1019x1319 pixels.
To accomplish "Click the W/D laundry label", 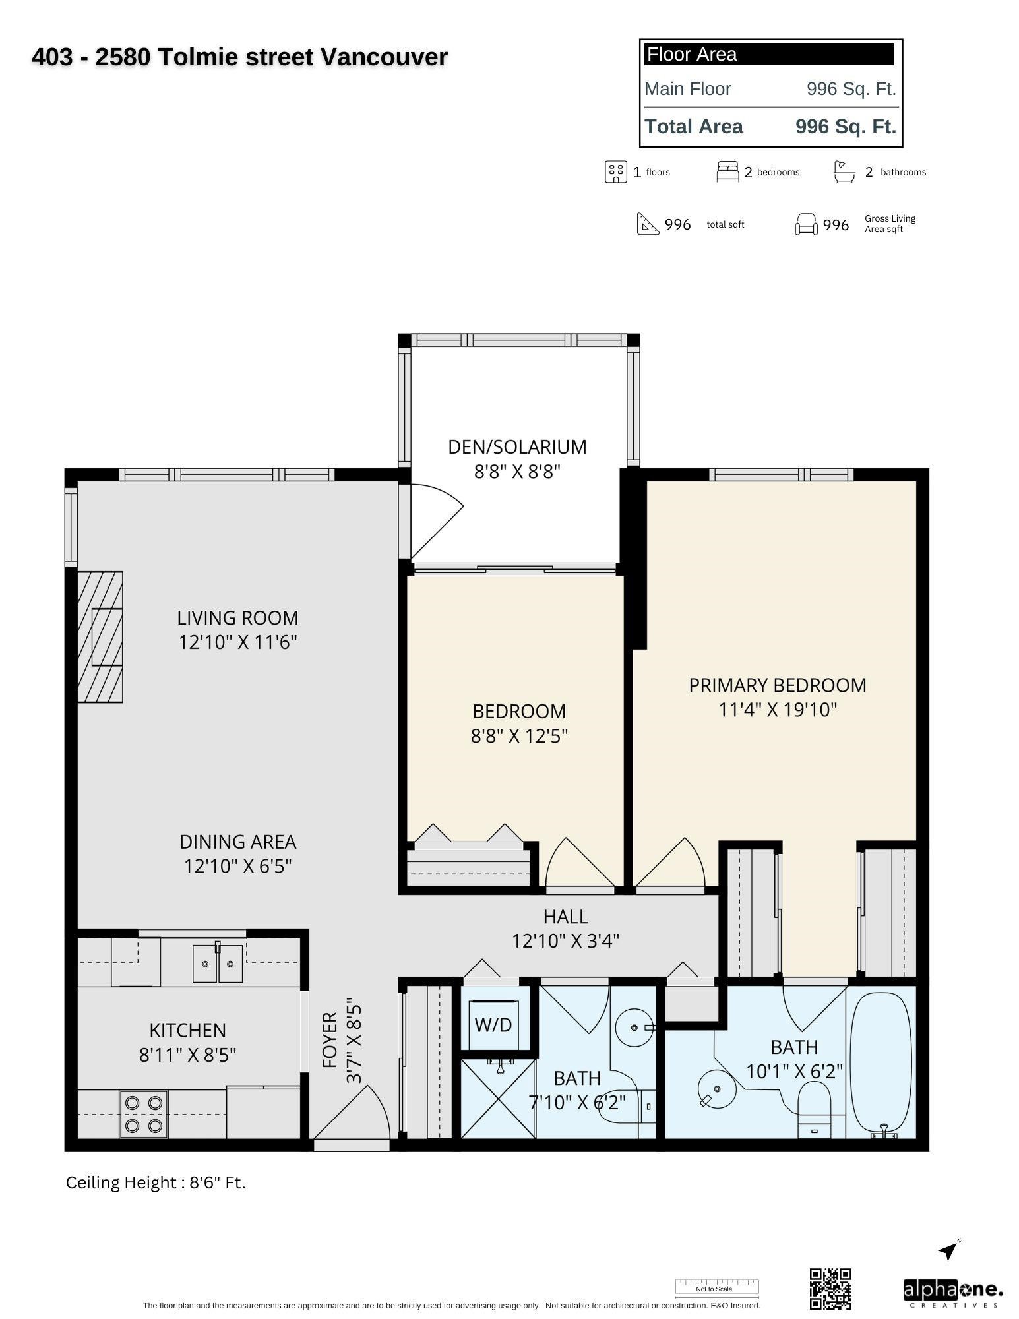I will click(x=493, y=1024).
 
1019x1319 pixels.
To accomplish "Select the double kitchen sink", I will click(x=218, y=964).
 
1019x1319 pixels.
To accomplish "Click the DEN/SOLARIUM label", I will click(x=517, y=446).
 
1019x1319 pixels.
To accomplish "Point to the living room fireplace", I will click(x=100, y=636).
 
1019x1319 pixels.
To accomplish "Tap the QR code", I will click(x=830, y=1289).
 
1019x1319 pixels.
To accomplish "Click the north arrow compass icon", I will click(x=948, y=1249).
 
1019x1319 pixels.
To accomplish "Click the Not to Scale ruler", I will click(x=717, y=1287).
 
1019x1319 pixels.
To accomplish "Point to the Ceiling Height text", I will click(x=156, y=1182).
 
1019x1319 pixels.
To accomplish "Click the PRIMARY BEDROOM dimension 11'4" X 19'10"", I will click(x=778, y=710).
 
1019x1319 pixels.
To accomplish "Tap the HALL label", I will click(x=565, y=916).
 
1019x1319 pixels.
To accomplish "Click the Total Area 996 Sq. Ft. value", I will click(x=846, y=127).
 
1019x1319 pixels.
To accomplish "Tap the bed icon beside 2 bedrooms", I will click(x=727, y=171).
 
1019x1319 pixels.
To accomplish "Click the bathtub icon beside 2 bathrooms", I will click(x=844, y=171).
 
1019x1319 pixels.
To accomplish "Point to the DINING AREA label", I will click(x=237, y=842).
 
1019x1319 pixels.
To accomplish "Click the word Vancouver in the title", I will click(x=384, y=57).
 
